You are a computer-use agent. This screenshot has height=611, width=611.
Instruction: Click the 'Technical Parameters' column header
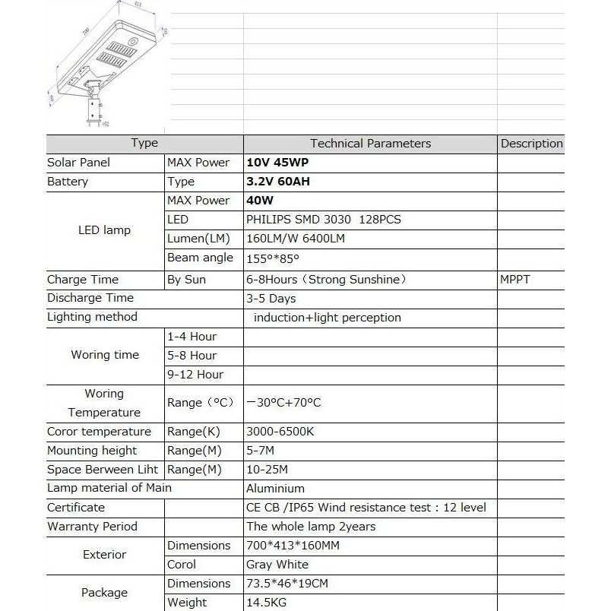pos(370,144)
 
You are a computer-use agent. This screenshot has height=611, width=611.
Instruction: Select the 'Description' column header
pos(531,144)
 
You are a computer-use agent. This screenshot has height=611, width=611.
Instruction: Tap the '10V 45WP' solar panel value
pos(277,163)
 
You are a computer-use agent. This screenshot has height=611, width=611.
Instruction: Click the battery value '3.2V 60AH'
pos(278,182)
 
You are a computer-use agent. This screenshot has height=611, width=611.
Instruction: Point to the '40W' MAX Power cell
pos(260,201)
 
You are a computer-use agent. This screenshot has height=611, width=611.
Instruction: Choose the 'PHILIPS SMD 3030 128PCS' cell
pos(323,220)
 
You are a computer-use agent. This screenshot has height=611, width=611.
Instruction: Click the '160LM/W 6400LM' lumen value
pos(296,239)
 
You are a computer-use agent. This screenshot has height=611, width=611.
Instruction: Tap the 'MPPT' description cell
pos(515,280)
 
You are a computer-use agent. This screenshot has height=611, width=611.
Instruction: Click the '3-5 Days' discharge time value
pos(271,299)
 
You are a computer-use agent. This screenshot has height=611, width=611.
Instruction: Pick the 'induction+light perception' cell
pos(327,318)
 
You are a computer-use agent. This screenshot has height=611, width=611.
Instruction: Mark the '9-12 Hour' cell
pos(195,375)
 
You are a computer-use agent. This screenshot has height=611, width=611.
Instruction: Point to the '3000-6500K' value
pos(280,432)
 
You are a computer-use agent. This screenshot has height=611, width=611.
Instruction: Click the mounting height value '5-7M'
pos(261,451)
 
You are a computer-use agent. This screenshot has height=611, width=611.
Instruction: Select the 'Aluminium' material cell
pos(275,489)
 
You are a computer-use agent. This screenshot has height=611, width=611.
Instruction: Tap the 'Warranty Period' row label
pos(92,527)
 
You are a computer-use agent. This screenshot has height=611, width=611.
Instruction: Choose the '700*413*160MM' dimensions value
pos(293,546)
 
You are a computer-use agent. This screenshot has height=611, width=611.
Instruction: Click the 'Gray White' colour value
pos(277,565)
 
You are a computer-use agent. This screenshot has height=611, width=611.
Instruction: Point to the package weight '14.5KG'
pos(267,603)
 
